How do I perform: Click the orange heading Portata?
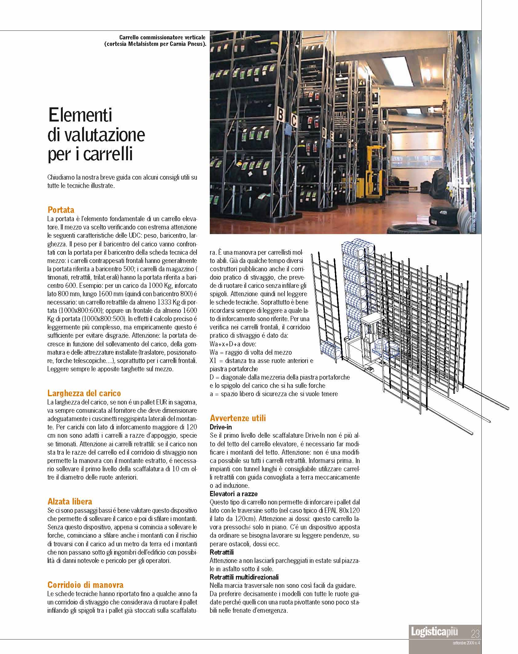[61, 210]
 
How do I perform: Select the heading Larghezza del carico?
[84, 393]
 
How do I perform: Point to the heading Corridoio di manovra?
[85, 585]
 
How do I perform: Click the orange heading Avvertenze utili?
[238, 418]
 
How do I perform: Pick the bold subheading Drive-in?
[221, 427]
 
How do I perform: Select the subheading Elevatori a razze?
[233, 494]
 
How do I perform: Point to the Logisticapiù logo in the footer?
[434, 632]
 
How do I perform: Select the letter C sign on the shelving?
[293, 122]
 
